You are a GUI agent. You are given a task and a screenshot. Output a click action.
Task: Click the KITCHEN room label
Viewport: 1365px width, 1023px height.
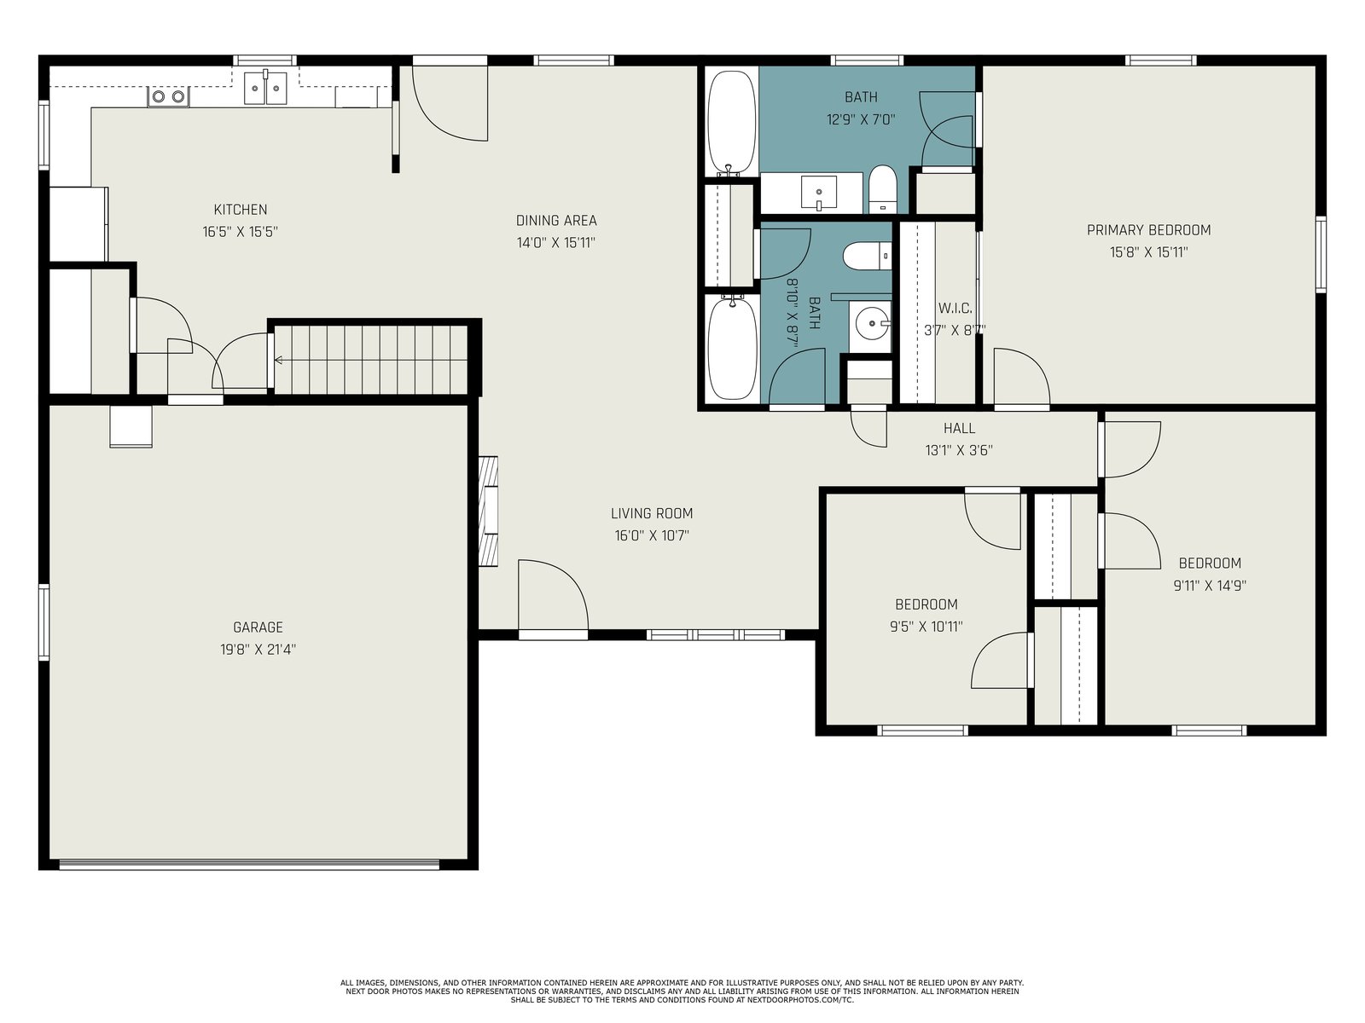pyautogui.click(x=240, y=210)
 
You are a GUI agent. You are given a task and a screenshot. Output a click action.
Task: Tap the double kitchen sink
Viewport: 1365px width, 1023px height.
pyautogui.click(x=265, y=88)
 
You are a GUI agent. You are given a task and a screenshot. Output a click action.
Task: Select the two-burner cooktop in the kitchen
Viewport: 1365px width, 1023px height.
pyautogui.click(x=169, y=96)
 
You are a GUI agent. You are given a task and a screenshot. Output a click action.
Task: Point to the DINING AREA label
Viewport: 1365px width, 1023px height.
pyautogui.click(x=556, y=221)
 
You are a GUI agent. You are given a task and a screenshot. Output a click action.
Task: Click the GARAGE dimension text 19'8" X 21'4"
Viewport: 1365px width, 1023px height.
pyautogui.click(x=258, y=650)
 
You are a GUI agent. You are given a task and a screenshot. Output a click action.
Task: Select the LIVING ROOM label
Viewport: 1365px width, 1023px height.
pyautogui.click(x=651, y=514)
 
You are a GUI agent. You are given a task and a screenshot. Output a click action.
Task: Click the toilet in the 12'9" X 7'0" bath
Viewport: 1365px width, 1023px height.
pyautogui.click(x=882, y=188)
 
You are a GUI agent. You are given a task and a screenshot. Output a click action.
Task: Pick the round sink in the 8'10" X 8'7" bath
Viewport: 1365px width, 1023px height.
pyautogui.click(x=873, y=324)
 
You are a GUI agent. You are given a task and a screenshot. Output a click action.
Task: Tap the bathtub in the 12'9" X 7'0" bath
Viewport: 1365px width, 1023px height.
pyautogui.click(x=732, y=123)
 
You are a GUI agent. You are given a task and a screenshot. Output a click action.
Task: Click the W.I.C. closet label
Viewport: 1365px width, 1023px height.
pyautogui.click(x=955, y=308)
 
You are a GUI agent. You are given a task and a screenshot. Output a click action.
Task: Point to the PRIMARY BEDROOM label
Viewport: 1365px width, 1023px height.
pyautogui.click(x=1148, y=230)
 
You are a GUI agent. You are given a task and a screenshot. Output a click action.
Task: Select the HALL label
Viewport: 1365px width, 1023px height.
pyautogui.click(x=959, y=428)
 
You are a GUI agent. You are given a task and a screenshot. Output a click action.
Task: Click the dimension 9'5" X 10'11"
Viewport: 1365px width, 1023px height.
pyautogui.click(x=926, y=627)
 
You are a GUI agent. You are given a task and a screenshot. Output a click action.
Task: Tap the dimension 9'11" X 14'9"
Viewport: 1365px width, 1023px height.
pyautogui.click(x=1210, y=586)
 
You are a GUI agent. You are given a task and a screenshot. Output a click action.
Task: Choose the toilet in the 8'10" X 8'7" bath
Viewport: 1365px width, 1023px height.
pyautogui.click(x=867, y=256)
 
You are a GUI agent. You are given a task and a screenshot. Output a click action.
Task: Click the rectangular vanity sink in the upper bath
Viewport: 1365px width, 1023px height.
pyautogui.click(x=819, y=192)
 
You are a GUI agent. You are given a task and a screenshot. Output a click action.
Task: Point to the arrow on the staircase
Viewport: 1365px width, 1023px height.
pyautogui.click(x=279, y=361)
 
